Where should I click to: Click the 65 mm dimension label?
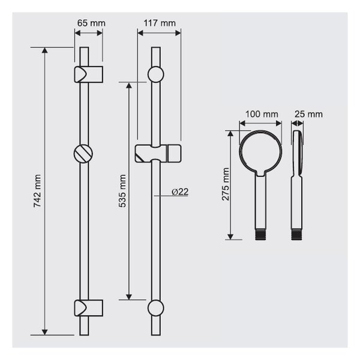coord(91,23)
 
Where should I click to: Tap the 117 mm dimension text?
coord(160,23)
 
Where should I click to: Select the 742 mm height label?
coord(37,191)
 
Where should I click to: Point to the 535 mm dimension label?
coord(122,191)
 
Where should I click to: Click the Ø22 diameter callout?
coord(180,192)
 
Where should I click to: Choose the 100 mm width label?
coord(262,114)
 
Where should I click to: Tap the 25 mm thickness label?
coord(308,114)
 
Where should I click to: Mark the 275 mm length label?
coord(226,184)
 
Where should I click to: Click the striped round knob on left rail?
coord(83,154)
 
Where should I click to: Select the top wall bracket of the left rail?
coord(88,74)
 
